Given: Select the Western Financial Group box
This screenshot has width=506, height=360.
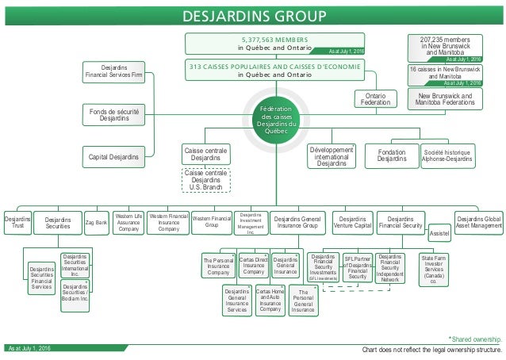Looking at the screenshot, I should coord(212,221).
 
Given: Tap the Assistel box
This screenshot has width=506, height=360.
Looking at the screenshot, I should coord(439,236).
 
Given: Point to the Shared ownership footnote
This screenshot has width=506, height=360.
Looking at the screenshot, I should coord(475,339).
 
